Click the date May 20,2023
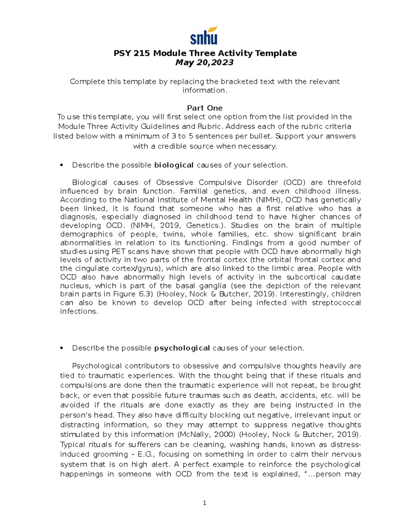click(204, 63)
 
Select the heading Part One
click(205, 108)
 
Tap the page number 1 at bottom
click(204, 503)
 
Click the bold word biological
click(174, 165)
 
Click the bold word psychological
click(182, 348)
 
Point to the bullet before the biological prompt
click(61, 165)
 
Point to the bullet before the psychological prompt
click(61, 348)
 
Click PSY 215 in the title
click(132, 53)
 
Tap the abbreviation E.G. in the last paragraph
click(147, 454)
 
